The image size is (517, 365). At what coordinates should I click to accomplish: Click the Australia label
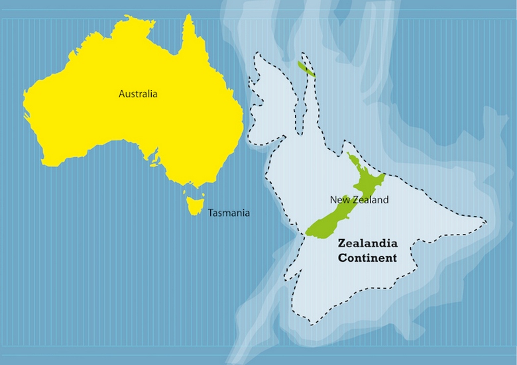tap(138, 94)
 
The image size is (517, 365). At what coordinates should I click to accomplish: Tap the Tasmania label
tap(229, 213)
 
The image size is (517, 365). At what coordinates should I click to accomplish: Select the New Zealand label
tap(359, 199)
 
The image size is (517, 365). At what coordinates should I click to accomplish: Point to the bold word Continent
tap(367, 258)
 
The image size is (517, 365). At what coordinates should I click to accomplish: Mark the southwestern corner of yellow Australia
tap(43, 162)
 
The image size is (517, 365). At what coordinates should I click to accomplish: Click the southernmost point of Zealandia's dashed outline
tap(314, 324)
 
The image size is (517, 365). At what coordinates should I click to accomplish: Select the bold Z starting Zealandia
tap(342, 244)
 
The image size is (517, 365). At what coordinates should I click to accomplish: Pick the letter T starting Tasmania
tap(211, 213)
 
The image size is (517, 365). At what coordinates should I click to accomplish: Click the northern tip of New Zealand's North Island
tap(348, 154)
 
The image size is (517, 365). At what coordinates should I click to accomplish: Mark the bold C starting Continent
tap(343, 258)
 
